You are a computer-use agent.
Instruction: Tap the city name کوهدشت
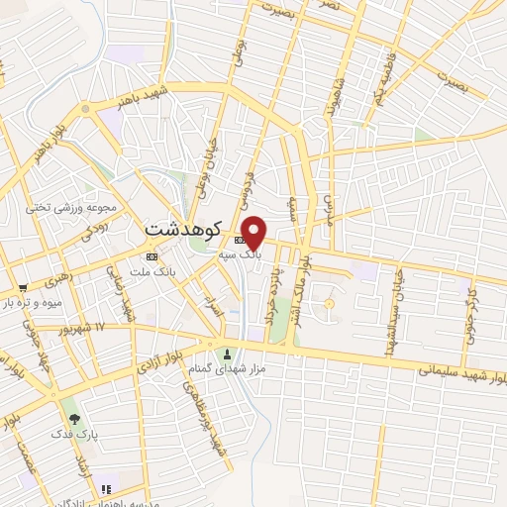tap(187, 227)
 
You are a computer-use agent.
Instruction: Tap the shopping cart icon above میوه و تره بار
tap(22, 288)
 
